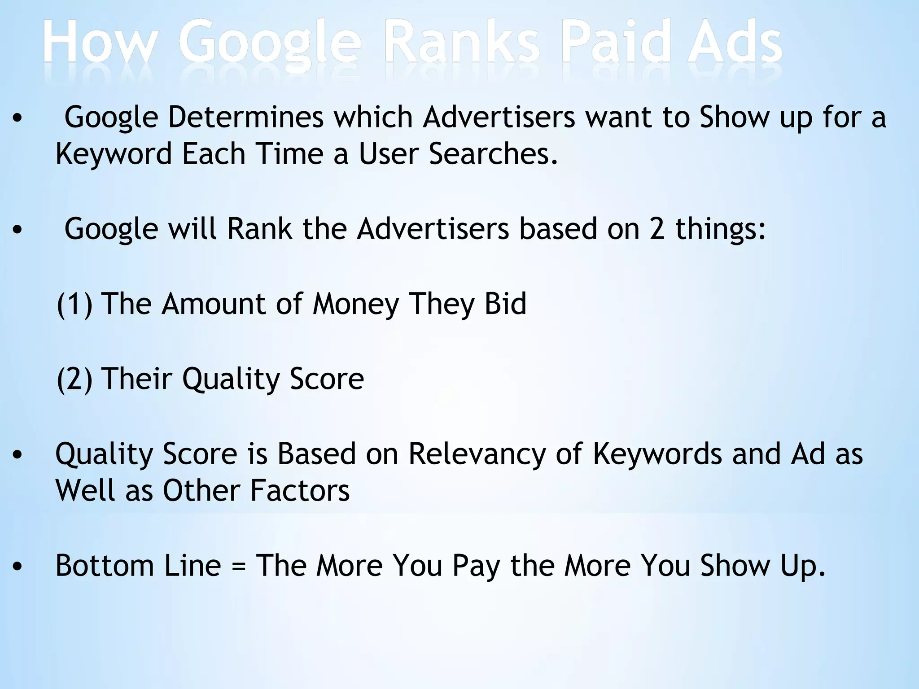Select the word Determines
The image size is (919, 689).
tap(245, 118)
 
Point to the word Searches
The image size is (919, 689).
tap(493, 154)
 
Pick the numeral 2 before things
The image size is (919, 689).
tap(656, 229)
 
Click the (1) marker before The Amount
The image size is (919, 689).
tap(74, 304)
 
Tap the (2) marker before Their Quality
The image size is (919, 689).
tap(74, 379)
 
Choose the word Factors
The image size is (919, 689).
tap(299, 491)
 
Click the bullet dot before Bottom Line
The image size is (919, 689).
tap(18, 567)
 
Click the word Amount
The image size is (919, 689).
tap(214, 304)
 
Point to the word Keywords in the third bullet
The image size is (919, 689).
tap(657, 454)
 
